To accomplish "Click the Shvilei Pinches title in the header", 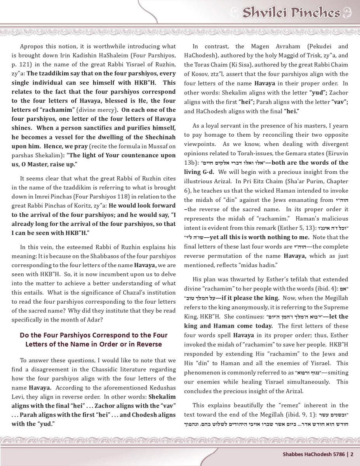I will (x=291, y=13).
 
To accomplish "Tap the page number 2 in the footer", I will (x=352, y=454).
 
